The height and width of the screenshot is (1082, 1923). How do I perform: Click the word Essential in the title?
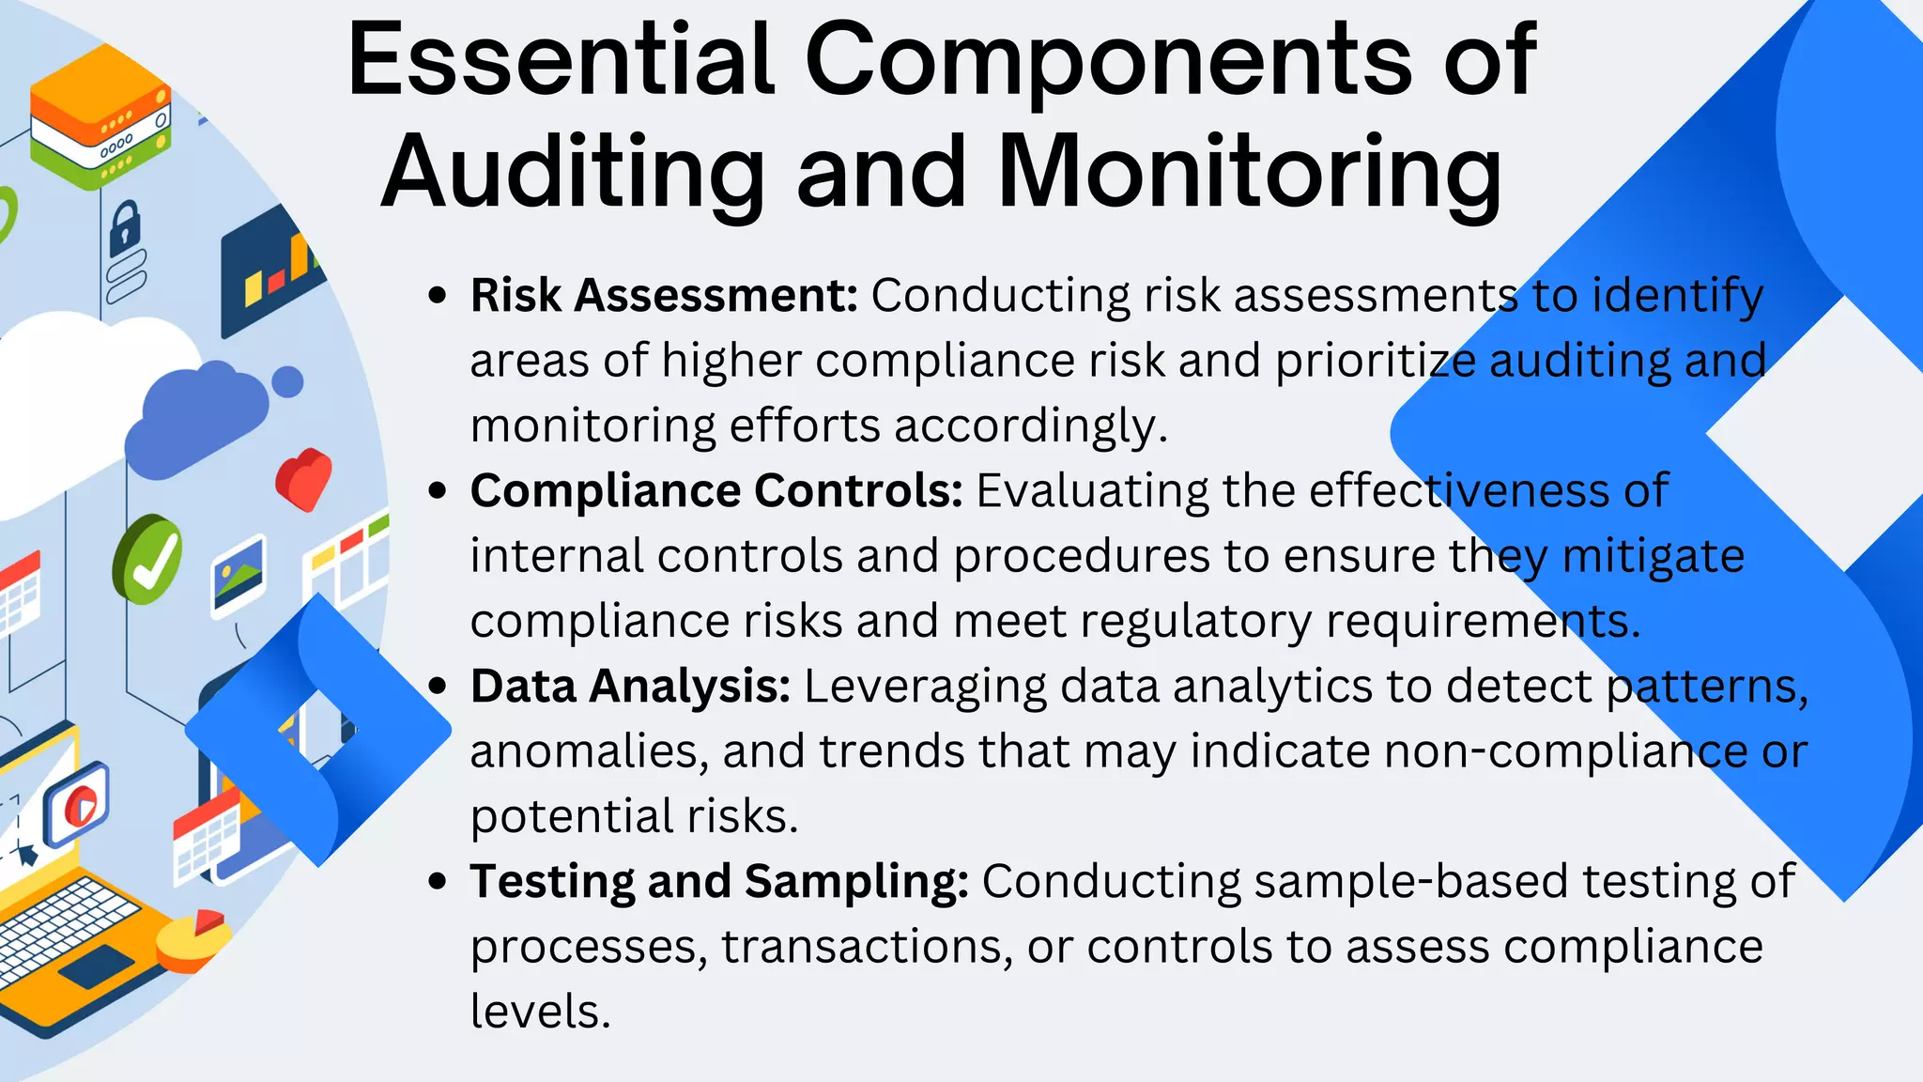pyautogui.click(x=561, y=60)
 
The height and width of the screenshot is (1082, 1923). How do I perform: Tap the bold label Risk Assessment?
pyautogui.click(x=664, y=296)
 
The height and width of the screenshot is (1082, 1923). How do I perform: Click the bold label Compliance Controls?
pyautogui.click(x=716, y=491)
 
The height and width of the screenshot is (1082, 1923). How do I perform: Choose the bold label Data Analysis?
pyautogui.click(x=630, y=687)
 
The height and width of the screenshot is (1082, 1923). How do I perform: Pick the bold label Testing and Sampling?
pyautogui.click(x=719, y=882)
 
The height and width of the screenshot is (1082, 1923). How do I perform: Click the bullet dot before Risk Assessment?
pyautogui.click(x=437, y=296)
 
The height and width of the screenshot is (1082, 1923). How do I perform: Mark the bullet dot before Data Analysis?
pyautogui.click(x=437, y=687)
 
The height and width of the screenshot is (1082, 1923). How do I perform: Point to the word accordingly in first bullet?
pyautogui.click(x=1030, y=426)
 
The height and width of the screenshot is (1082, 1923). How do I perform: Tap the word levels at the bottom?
pyautogui.click(x=540, y=1012)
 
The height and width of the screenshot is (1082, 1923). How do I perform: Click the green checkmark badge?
pyautogui.click(x=147, y=559)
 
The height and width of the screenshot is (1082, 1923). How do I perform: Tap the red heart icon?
pyautogui.click(x=303, y=478)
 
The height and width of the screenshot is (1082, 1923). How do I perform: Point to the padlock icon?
pyautogui.click(x=124, y=228)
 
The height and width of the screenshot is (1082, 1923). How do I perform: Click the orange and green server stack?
pyautogui.click(x=100, y=131)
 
